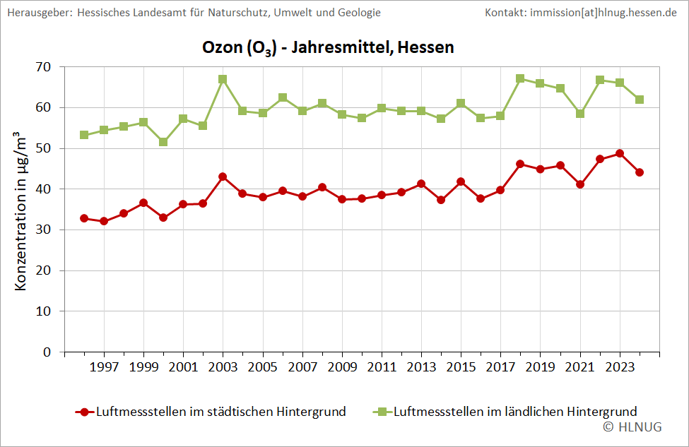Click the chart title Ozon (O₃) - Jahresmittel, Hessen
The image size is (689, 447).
pos(328,48)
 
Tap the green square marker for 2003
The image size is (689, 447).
pos(223,79)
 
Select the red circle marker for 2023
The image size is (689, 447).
pos(620,153)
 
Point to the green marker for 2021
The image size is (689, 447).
pos(580,113)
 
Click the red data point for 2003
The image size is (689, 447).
pos(223,177)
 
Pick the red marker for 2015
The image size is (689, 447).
pos(461,181)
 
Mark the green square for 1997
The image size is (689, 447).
pos(104,130)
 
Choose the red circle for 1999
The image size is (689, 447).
pos(143,203)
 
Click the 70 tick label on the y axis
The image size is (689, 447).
pos(43,67)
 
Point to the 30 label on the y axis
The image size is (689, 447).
pos(43,230)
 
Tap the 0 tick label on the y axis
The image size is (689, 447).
pos(47,352)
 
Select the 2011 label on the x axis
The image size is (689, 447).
pos(382,367)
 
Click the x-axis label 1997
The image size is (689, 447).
pos(104,367)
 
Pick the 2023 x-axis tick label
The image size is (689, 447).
pos(620,367)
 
